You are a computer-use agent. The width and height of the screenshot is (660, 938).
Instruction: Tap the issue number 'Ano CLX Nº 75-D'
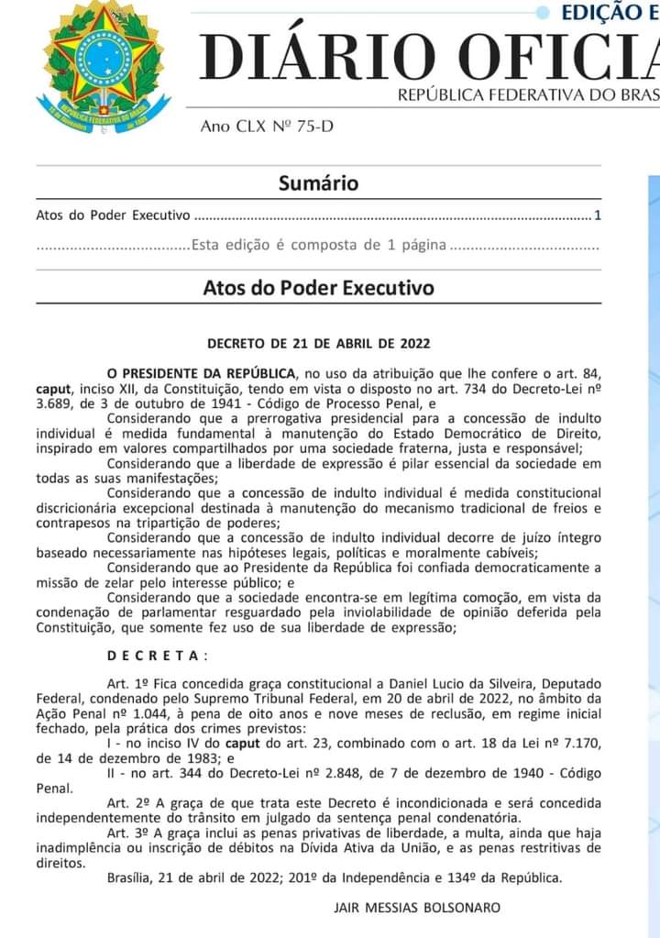[x=267, y=126]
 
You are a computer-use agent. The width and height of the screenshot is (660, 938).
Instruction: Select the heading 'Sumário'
[x=318, y=183]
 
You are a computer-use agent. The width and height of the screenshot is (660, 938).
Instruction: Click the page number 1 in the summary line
[x=597, y=216]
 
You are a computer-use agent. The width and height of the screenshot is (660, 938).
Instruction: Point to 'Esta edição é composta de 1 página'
[x=318, y=245]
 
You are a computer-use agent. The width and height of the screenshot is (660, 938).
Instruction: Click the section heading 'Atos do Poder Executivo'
[x=318, y=288]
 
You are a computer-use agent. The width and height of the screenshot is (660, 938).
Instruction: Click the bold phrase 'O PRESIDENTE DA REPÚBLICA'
[x=202, y=373]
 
